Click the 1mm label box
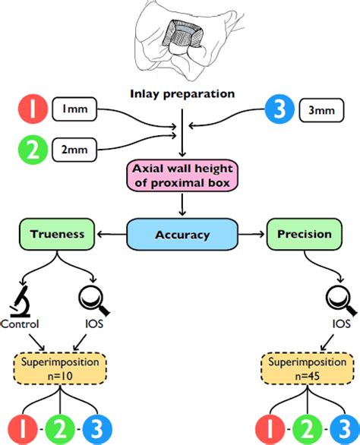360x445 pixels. [x=74, y=109]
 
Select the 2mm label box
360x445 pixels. [x=74, y=150]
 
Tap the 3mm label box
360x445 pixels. [x=321, y=110]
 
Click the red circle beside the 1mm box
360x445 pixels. [x=33, y=109]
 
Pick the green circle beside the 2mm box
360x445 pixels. [x=33, y=150]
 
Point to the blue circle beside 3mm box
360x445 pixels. [x=279, y=109]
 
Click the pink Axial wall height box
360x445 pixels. [x=182, y=175]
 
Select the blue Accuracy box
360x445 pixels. [x=182, y=235]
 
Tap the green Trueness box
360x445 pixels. [x=57, y=234]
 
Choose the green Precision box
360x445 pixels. [x=305, y=234]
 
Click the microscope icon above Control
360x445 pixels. [x=20, y=301]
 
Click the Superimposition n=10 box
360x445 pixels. [x=60, y=368]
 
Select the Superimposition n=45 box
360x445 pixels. [x=308, y=368]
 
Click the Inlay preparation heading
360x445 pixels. [x=182, y=94]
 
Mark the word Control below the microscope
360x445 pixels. [x=20, y=323]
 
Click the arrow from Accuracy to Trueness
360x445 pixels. [x=112, y=235]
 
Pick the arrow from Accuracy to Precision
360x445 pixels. [x=251, y=235]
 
